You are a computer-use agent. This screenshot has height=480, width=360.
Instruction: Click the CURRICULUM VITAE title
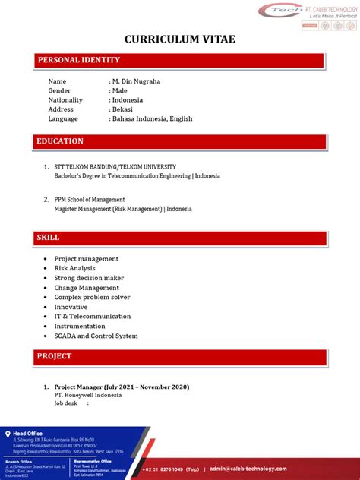point(179,39)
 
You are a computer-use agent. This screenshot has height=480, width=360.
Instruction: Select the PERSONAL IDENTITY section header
point(79,60)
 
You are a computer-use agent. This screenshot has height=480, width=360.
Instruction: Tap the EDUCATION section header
point(60,141)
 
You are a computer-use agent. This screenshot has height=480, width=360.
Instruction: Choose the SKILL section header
point(48,238)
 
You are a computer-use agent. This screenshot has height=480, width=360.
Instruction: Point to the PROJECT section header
point(54,356)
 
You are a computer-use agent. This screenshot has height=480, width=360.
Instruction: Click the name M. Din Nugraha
point(137,81)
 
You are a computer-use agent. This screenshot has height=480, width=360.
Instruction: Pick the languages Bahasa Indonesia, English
point(153,118)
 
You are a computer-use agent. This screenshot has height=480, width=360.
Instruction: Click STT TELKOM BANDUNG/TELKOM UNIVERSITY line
point(115,166)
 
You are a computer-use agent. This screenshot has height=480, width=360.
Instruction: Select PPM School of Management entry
point(90,200)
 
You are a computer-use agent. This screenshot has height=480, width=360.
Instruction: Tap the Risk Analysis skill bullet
point(74,268)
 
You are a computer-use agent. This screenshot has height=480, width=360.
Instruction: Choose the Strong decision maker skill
point(89,278)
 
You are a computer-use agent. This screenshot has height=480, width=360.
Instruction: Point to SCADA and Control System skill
point(96,336)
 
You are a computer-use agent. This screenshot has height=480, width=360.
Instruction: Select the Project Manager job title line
point(122,387)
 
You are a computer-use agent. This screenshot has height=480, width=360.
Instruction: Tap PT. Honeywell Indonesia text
point(88,395)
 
